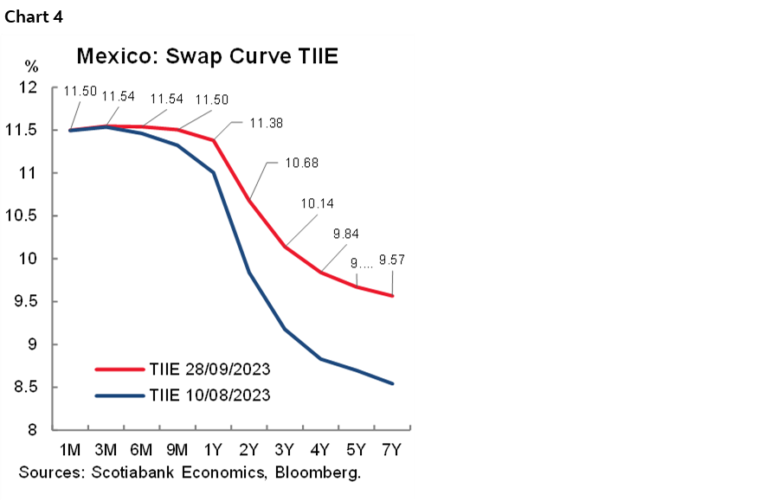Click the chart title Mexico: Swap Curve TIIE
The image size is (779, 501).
pyautogui.click(x=207, y=57)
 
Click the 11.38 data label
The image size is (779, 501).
pyautogui.click(x=267, y=124)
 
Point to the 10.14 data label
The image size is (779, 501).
pyautogui.click(x=319, y=204)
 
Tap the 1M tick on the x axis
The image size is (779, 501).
pyautogui.click(x=70, y=451)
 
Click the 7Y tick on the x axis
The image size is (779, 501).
pyautogui.click(x=393, y=451)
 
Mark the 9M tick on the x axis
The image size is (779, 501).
pyautogui.click(x=177, y=451)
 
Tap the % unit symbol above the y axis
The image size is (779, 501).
pyautogui.click(x=31, y=66)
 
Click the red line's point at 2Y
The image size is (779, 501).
pyautogui.click(x=250, y=201)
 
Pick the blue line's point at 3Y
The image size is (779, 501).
pyautogui.click(x=286, y=329)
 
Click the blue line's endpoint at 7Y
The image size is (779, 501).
pyautogui.click(x=393, y=383)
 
